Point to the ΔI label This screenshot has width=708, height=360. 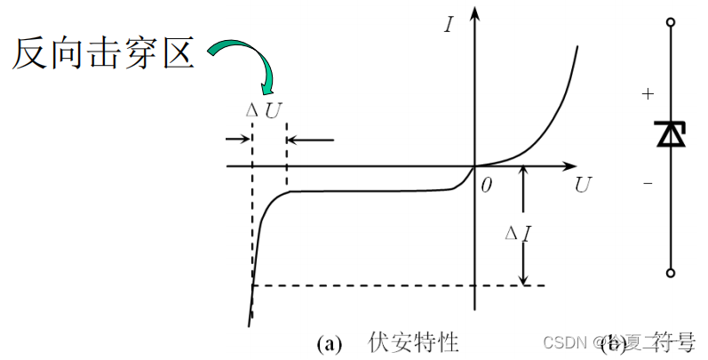click(518, 235)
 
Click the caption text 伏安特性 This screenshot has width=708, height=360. click(413, 342)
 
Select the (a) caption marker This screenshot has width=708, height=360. click(329, 343)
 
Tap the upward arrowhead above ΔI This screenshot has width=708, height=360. click(524, 172)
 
